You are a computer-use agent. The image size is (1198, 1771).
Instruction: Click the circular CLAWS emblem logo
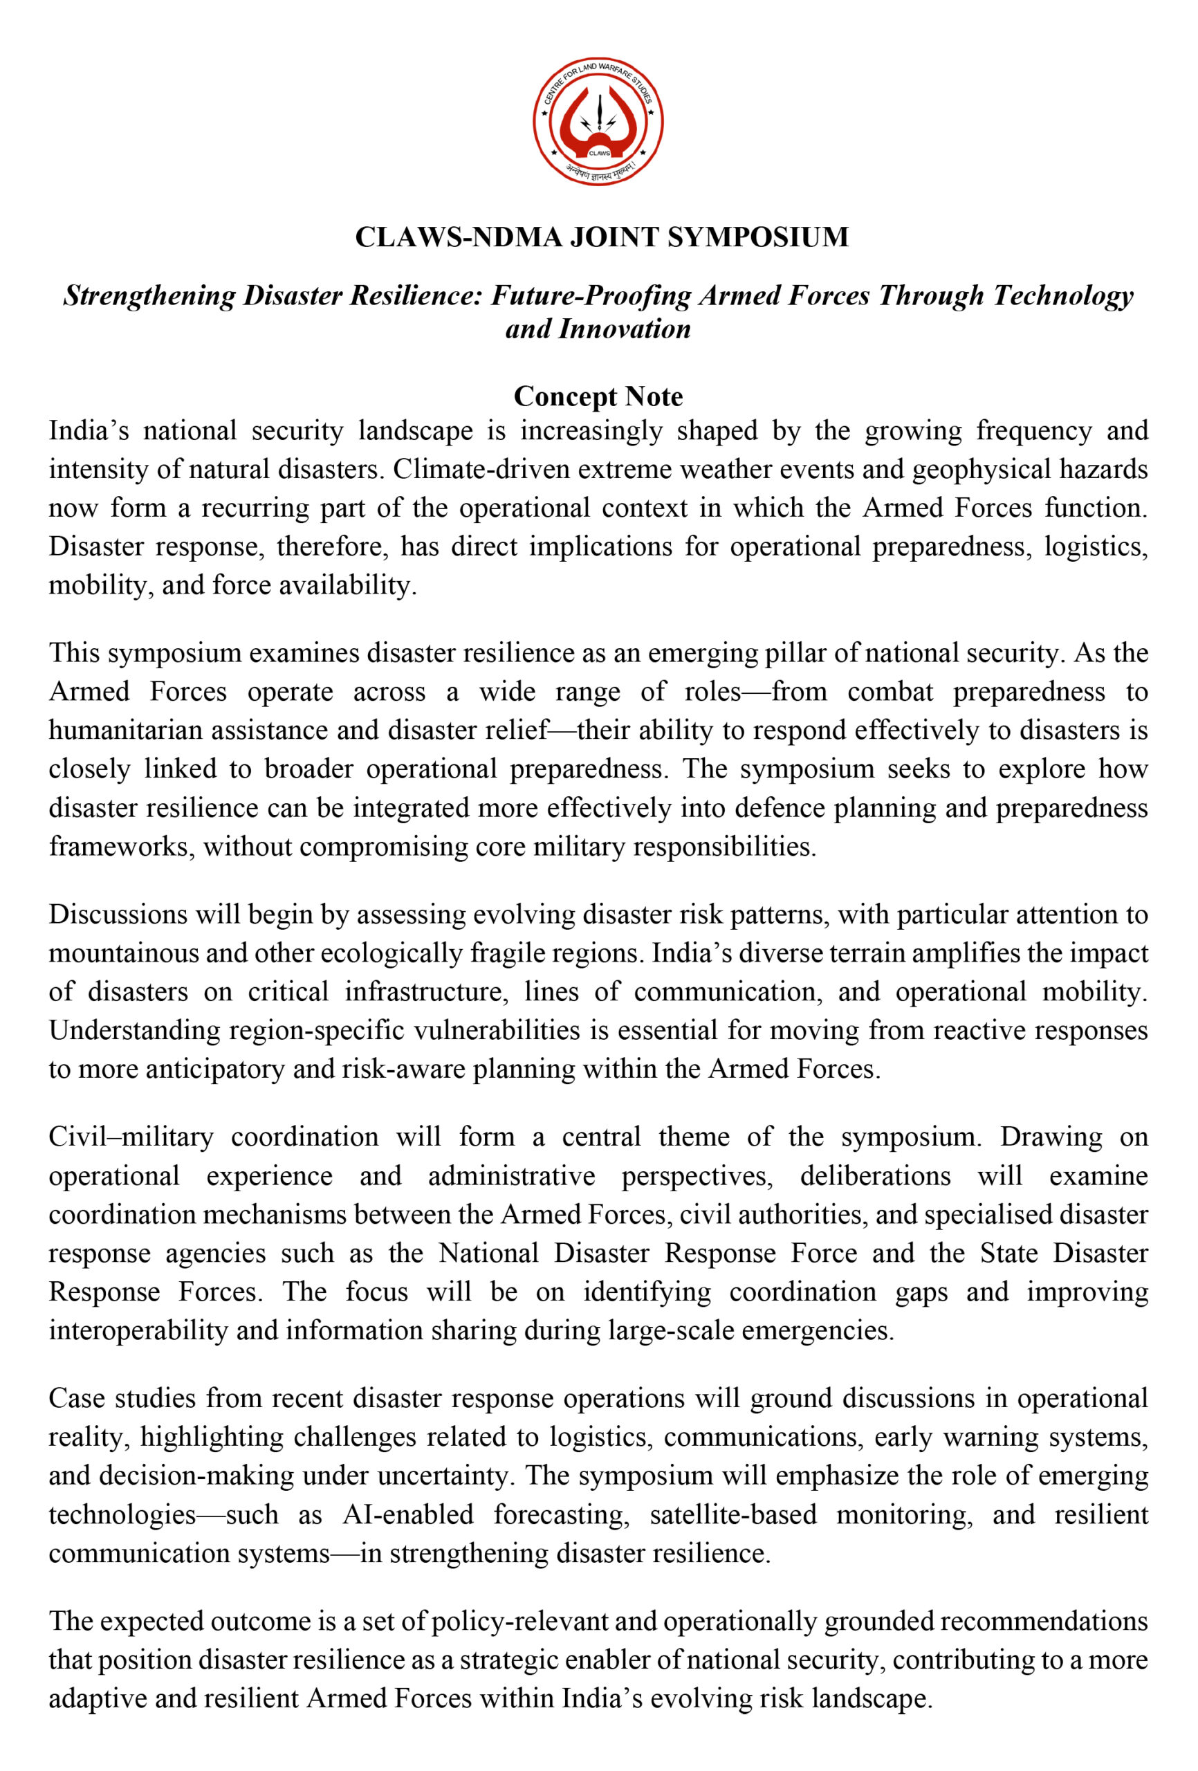tap(598, 121)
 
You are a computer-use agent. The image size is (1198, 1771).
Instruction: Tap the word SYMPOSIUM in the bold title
tap(757, 237)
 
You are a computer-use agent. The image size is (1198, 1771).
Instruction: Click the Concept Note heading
tap(598, 396)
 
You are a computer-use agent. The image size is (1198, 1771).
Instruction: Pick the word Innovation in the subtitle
tap(625, 329)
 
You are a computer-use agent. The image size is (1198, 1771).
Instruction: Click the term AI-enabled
tap(407, 1514)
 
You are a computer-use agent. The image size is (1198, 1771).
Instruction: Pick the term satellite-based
tap(733, 1514)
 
